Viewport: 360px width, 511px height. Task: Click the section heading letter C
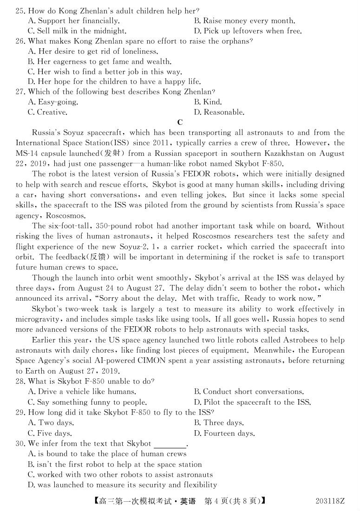[180, 123]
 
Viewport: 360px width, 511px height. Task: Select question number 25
[20, 10]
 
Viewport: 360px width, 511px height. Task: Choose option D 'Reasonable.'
[218, 112]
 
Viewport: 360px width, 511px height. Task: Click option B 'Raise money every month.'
[244, 20]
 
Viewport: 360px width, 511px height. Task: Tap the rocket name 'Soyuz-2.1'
[192, 247]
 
